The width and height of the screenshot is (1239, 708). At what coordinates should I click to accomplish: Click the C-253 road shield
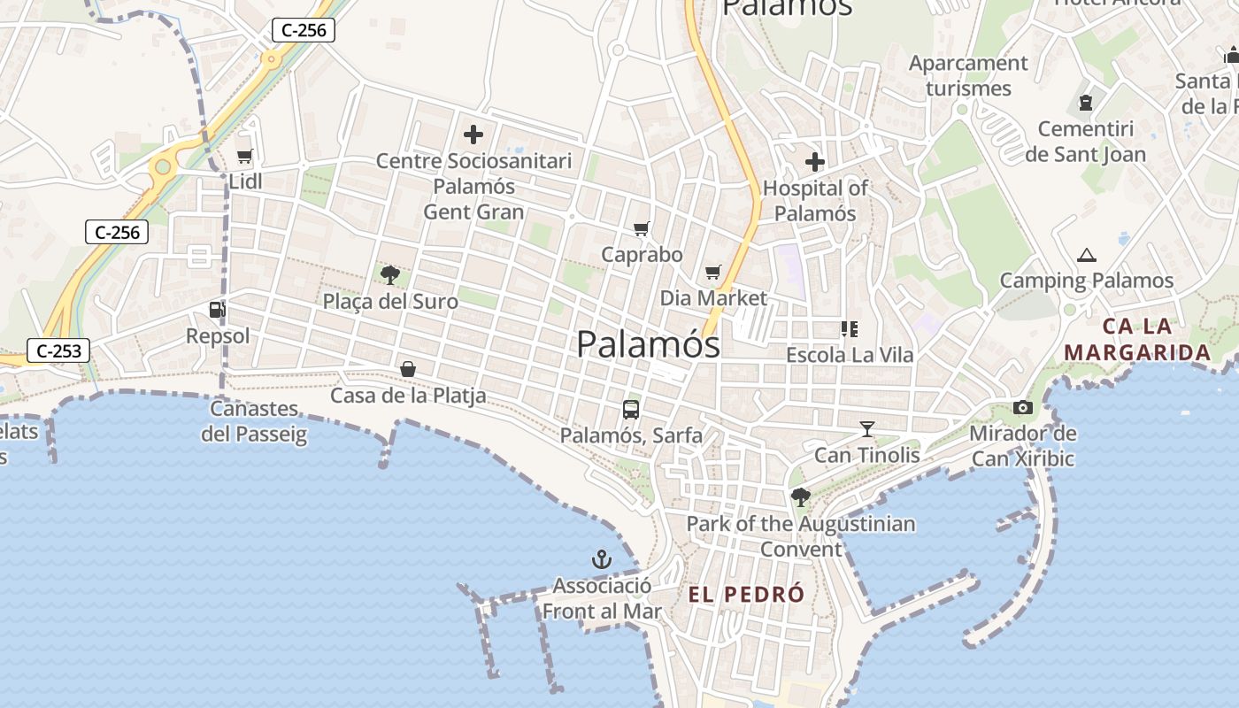pos(59,350)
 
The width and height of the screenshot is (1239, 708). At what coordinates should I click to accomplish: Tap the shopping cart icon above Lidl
pos(244,156)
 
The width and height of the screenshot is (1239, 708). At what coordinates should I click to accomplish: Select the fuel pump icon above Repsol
pos(217,310)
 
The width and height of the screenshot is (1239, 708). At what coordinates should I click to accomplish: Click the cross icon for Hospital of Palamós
pos(814,162)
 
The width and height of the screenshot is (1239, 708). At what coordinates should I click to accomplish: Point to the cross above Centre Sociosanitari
pos(473,135)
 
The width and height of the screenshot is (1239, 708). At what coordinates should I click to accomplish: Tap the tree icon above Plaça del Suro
pos(389,275)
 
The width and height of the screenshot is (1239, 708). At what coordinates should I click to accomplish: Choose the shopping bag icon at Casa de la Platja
pos(408,368)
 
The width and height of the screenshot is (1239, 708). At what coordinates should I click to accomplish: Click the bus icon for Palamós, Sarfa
pos(631,409)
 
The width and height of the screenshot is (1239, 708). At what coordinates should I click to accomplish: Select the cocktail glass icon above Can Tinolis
pos(866,429)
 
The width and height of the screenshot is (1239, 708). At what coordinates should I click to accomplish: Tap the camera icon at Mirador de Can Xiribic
pos(1023,407)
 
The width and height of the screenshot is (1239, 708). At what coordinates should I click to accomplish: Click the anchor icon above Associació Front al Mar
pos(602,559)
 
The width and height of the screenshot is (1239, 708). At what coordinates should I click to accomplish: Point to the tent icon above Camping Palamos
pos(1086,256)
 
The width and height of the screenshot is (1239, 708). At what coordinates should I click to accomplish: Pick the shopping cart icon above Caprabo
pos(642,229)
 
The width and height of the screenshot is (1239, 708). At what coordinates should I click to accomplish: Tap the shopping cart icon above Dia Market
pos(713,272)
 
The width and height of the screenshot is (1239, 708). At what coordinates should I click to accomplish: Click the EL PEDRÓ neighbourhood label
pos(747,594)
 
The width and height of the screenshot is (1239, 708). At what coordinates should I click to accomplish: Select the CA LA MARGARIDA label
pos(1137,339)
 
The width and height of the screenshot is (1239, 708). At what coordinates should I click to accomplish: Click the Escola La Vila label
pos(850,355)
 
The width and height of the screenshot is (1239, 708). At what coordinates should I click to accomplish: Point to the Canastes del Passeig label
pos(254,421)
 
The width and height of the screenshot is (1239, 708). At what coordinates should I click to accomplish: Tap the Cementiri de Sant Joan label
pos(1085,142)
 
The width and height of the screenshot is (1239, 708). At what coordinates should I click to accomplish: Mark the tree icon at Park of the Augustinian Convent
pos(800,497)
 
